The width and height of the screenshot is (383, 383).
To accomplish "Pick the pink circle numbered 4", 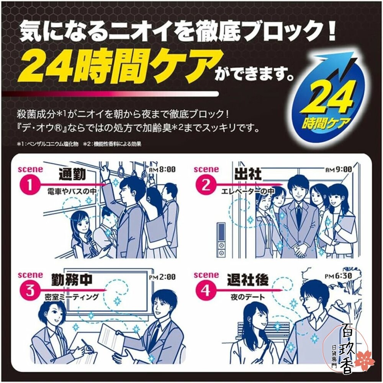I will [206, 291].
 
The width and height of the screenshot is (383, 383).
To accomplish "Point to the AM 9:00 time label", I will [339, 169].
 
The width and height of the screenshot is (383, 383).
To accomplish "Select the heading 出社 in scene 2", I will [247, 174].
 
